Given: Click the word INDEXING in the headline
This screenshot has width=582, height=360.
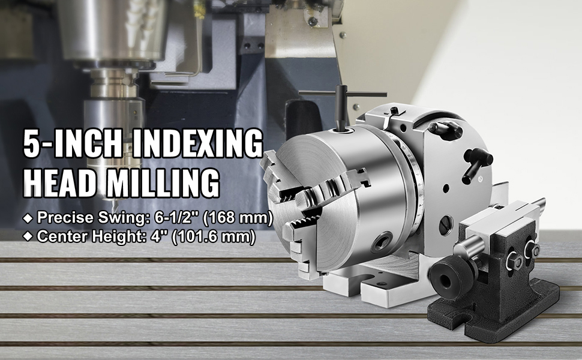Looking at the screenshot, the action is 197,143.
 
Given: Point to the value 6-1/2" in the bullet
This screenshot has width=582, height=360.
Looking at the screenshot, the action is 175,217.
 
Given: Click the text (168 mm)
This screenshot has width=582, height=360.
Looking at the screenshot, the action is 238,217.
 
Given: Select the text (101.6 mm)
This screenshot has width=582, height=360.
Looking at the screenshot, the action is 214,236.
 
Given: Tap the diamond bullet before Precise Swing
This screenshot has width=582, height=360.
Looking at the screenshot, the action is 28,218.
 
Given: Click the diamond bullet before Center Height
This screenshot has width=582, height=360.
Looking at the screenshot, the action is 28,236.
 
